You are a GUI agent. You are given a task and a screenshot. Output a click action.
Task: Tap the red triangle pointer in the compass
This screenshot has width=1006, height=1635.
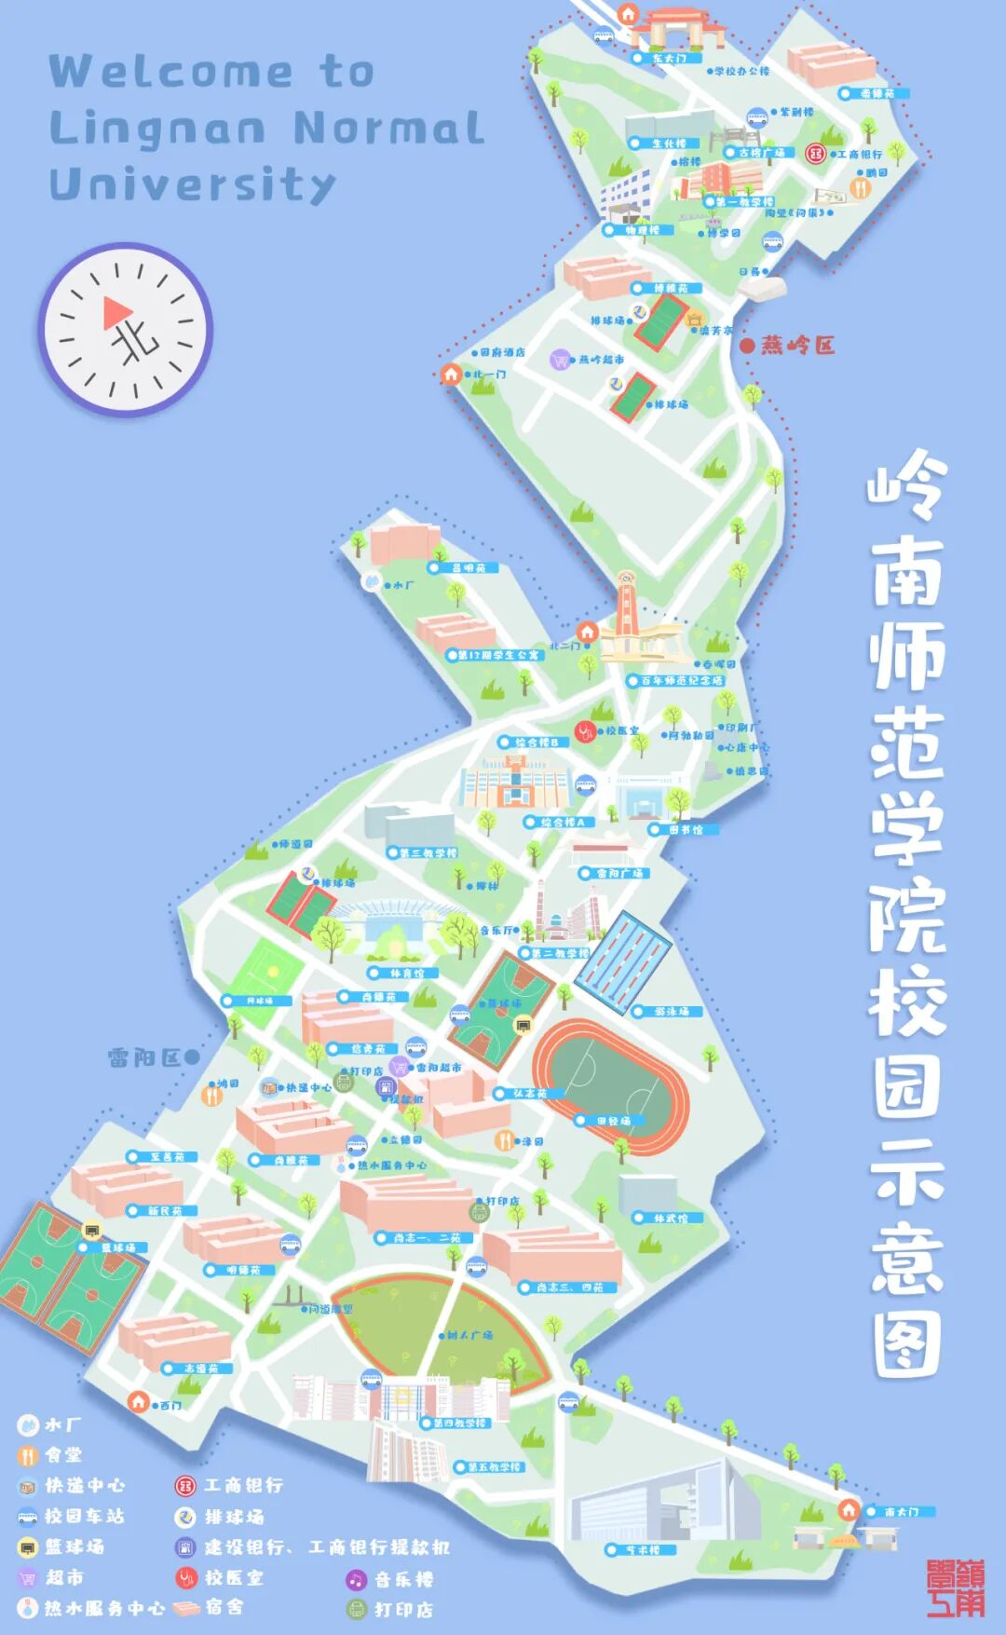tap(116, 312)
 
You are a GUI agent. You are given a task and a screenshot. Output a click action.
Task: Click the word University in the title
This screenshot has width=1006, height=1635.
tap(192, 184)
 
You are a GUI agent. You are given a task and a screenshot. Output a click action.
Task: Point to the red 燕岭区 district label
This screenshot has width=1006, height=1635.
tap(797, 346)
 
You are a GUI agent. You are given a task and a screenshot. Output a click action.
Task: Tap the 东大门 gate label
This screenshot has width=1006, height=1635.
tap(669, 59)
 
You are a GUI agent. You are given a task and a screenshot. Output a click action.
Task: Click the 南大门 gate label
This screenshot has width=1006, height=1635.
tap(901, 1512)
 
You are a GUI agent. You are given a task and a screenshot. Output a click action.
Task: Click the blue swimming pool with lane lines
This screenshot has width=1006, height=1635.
tap(623, 962)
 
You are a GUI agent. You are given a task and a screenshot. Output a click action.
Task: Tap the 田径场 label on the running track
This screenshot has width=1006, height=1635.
tap(614, 1121)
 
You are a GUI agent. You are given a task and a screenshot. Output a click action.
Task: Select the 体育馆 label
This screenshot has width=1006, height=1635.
tap(406, 974)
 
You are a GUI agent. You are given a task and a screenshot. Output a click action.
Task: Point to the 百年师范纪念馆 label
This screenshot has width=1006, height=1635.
tap(681, 681)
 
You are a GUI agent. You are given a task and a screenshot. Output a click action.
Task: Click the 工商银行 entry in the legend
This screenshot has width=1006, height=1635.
tap(243, 1485)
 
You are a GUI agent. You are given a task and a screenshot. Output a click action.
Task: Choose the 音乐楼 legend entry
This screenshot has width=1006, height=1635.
tap(403, 1579)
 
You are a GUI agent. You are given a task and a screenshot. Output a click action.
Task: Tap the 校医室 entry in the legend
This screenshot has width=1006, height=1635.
tap(234, 1577)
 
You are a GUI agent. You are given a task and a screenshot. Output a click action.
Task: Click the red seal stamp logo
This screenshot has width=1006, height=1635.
tap(955, 1588)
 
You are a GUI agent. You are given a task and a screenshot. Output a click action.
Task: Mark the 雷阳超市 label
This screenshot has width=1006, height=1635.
tap(438, 1068)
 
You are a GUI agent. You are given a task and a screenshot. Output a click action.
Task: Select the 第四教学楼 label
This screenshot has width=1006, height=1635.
tap(459, 1424)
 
